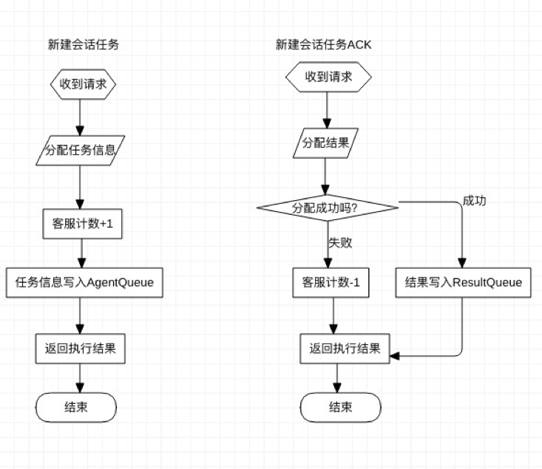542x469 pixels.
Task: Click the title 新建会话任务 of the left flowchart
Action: [x=84, y=45]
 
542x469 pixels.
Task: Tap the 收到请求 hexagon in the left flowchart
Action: [x=83, y=84]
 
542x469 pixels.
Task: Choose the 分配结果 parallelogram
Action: [x=325, y=141]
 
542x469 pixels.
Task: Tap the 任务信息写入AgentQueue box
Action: [x=84, y=282]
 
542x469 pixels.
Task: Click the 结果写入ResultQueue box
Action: [x=463, y=282]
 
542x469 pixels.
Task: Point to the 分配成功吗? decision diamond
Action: [x=326, y=208]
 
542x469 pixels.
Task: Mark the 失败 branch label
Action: [x=339, y=242]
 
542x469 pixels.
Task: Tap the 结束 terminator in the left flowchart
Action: [x=77, y=407]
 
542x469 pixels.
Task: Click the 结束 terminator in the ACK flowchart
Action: [x=340, y=407]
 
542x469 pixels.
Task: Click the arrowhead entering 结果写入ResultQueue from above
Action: [x=462, y=262]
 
